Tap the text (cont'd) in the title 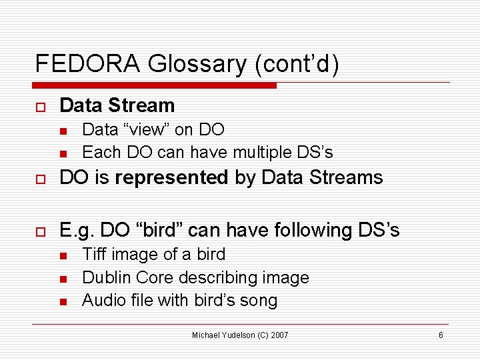296,64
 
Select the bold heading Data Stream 117,105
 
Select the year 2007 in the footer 279,335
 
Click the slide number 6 441,335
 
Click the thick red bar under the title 155,85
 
